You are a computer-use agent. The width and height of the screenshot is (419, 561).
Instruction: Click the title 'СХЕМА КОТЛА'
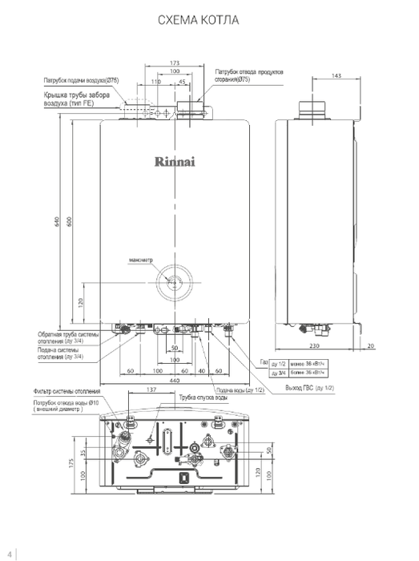pos(209,18)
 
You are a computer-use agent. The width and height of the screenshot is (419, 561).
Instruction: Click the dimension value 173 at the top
pos(175,63)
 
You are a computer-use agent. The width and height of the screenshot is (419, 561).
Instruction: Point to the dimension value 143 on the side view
pos(336,75)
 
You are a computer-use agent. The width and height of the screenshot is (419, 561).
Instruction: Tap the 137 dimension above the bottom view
pos(151,390)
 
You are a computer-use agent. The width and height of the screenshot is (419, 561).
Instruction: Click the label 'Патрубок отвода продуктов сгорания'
pos(249,76)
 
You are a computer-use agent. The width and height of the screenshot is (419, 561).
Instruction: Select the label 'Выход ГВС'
pos(309,388)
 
